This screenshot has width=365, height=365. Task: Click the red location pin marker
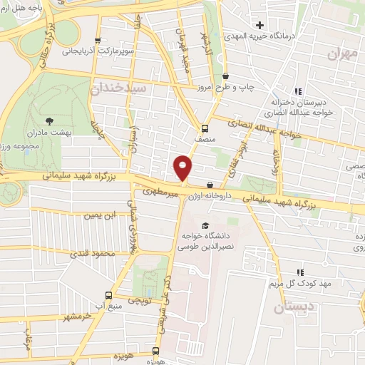[x=183, y=168]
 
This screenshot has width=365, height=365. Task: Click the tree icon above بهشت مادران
[x=49, y=122]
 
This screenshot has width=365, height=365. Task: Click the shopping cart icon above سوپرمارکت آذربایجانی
[x=98, y=40]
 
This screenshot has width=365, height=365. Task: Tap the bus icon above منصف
[x=205, y=129]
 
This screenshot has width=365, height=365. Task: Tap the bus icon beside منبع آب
[x=108, y=295]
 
